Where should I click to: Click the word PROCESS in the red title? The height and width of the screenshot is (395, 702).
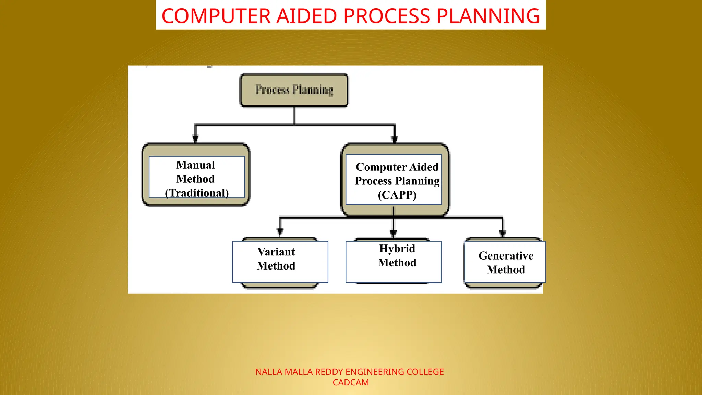(x=387, y=16)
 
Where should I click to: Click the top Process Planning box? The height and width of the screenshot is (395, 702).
(x=294, y=90)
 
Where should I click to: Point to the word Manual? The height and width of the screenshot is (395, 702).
(x=195, y=165)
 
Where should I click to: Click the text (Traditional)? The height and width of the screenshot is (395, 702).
(x=197, y=193)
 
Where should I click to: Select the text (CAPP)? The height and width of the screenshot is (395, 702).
(x=397, y=195)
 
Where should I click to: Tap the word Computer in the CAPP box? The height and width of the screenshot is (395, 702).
(x=381, y=167)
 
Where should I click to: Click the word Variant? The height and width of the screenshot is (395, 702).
(x=276, y=252)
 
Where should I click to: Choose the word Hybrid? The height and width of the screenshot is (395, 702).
(x=397, y=249)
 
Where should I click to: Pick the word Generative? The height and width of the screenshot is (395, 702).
(x=506, y=256)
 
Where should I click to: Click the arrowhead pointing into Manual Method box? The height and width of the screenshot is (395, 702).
(x=195, y=139)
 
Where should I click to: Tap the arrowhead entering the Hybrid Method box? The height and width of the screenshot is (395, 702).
(x=394, y=233)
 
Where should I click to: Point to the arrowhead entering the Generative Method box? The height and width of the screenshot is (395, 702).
(x=503, y=233)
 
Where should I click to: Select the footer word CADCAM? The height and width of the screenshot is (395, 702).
(x=351, y=382)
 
